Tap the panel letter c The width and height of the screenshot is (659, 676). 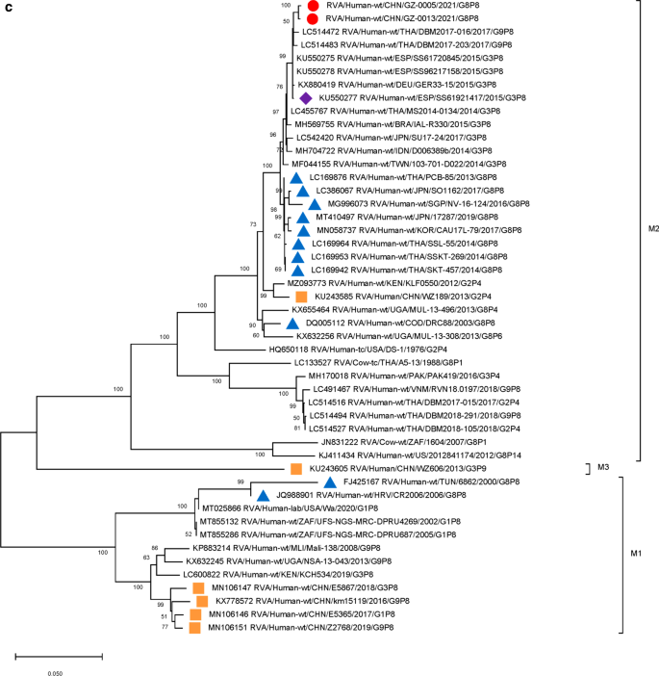7,8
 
